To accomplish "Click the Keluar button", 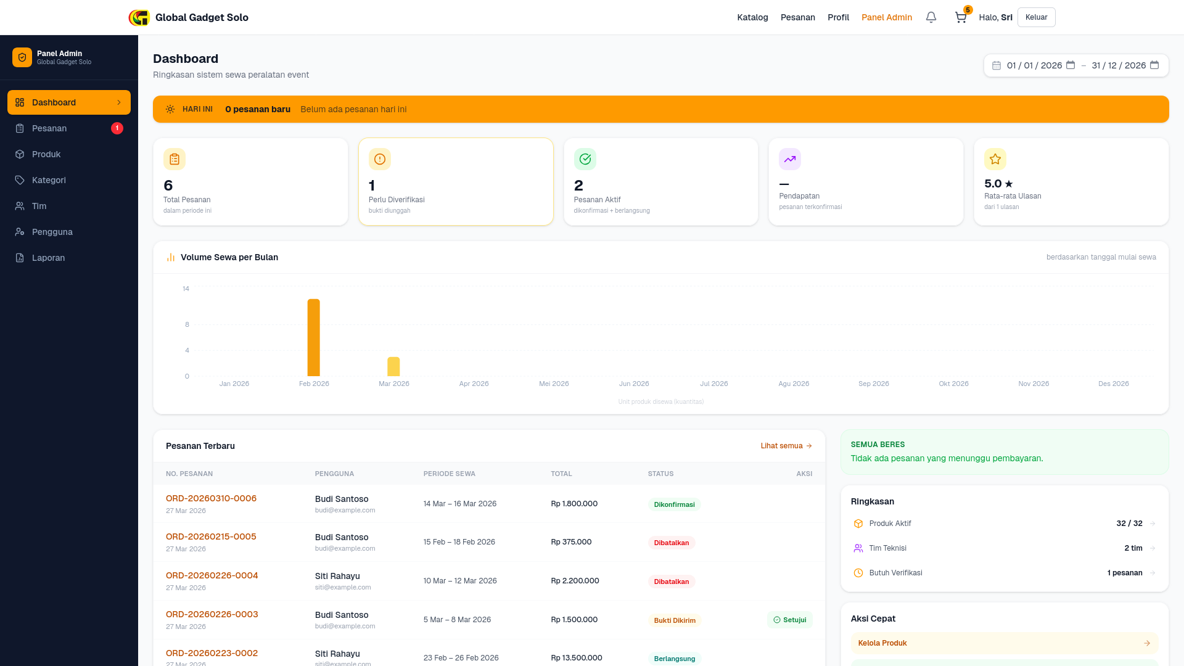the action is (x=1036, y=17).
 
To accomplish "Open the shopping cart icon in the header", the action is (x=961, y=17).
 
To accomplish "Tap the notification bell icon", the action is (x=931, y=17).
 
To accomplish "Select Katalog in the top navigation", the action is (x=752, y=17).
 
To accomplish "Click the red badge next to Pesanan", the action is (x=117, y=128).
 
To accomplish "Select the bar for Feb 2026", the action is (x=314, y=337).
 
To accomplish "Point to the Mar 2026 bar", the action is (x=393, y=366).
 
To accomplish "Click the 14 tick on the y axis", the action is (x=186, y=289).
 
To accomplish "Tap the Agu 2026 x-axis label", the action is (x=794, y=384).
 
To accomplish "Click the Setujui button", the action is (x=790, y=620).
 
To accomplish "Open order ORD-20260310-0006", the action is (x=211, y=498).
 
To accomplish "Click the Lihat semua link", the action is (x=786, y=446).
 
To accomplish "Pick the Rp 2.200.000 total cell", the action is (x=575, y=581).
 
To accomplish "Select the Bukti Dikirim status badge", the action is (x=675, y=620).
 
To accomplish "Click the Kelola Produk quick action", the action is (x=1005, y=643).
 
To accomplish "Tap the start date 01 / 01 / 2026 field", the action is (x=1034, y=65).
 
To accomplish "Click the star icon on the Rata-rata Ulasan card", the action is (x=995, y=159).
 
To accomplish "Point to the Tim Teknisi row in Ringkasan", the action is (x=1005, y=548).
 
